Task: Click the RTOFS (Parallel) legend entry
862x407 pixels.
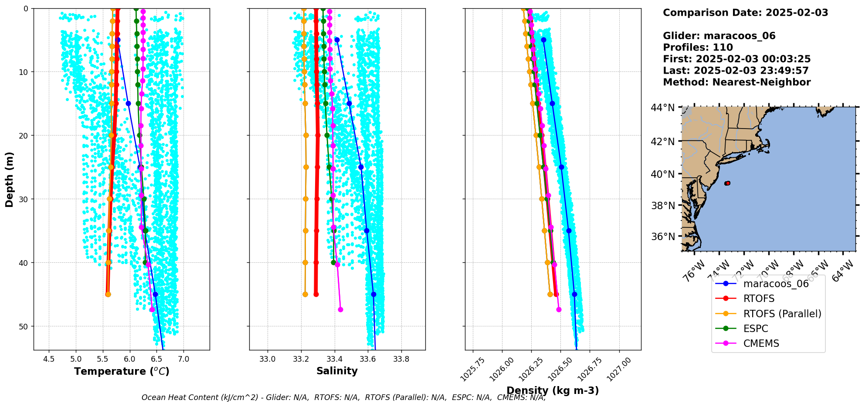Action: [782, 314]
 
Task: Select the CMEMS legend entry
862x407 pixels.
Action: [761, 343]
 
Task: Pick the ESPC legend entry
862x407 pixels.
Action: [755, 329]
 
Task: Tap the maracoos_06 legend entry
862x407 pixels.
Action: [776, 284]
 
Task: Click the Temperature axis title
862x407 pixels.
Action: [122, 371]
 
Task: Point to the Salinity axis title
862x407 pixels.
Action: [337, 371]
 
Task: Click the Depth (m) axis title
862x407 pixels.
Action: [10, 179]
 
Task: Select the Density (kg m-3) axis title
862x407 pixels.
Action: [553, 390]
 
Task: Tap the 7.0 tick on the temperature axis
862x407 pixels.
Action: [183, 360]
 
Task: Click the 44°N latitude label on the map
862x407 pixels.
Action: [662, 108]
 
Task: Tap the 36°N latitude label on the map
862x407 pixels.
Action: [662, 237]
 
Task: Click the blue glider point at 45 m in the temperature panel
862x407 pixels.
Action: [155, 295]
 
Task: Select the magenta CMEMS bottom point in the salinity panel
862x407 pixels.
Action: [340, 310]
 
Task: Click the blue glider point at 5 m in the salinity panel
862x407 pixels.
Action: [337, 40]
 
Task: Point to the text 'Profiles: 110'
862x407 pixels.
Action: [698, 47]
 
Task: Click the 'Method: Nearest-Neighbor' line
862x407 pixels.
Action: [736, 82]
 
